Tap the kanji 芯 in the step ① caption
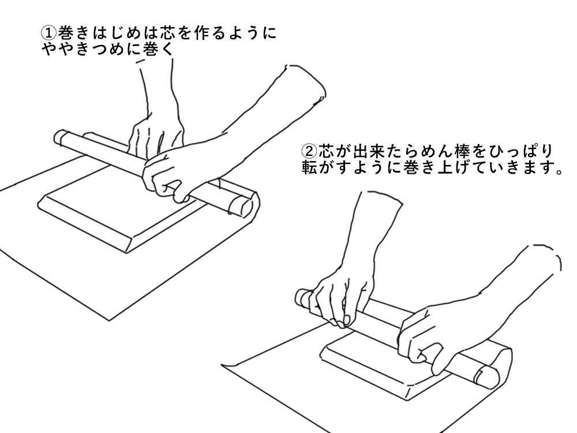point(167,33)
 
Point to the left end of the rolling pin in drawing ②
point(302,297)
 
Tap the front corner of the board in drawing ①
point(126,253)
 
